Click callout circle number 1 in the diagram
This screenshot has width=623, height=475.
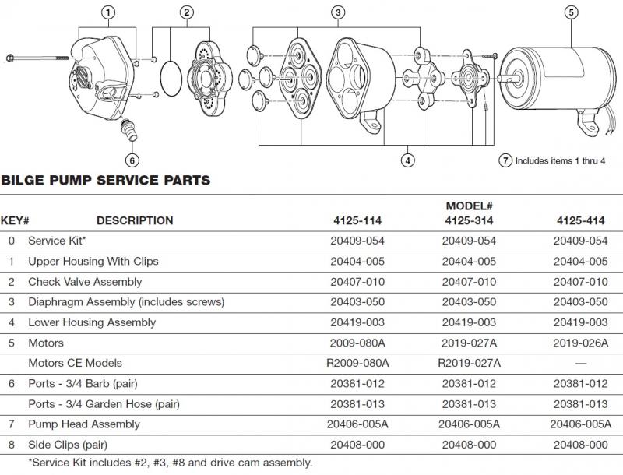(108, 12)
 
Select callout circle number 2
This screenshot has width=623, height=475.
(186, 12)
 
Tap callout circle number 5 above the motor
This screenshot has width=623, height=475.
(572, 12)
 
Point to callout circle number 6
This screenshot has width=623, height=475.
(132, 160)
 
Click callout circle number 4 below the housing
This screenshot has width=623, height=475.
(407, 160)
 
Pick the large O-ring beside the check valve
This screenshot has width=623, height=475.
(173, 78)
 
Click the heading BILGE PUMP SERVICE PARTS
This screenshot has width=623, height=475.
(106, 181)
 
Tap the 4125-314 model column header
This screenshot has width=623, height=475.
(471, 220)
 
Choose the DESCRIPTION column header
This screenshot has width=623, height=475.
(135, 220)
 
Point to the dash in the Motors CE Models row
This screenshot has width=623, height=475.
(580, 363)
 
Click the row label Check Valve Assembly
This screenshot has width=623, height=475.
(85, 282)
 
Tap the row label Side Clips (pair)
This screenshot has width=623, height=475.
(73, 444)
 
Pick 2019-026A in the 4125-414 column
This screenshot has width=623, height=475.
(580, 343)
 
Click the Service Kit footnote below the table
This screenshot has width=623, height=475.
(170, 463)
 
